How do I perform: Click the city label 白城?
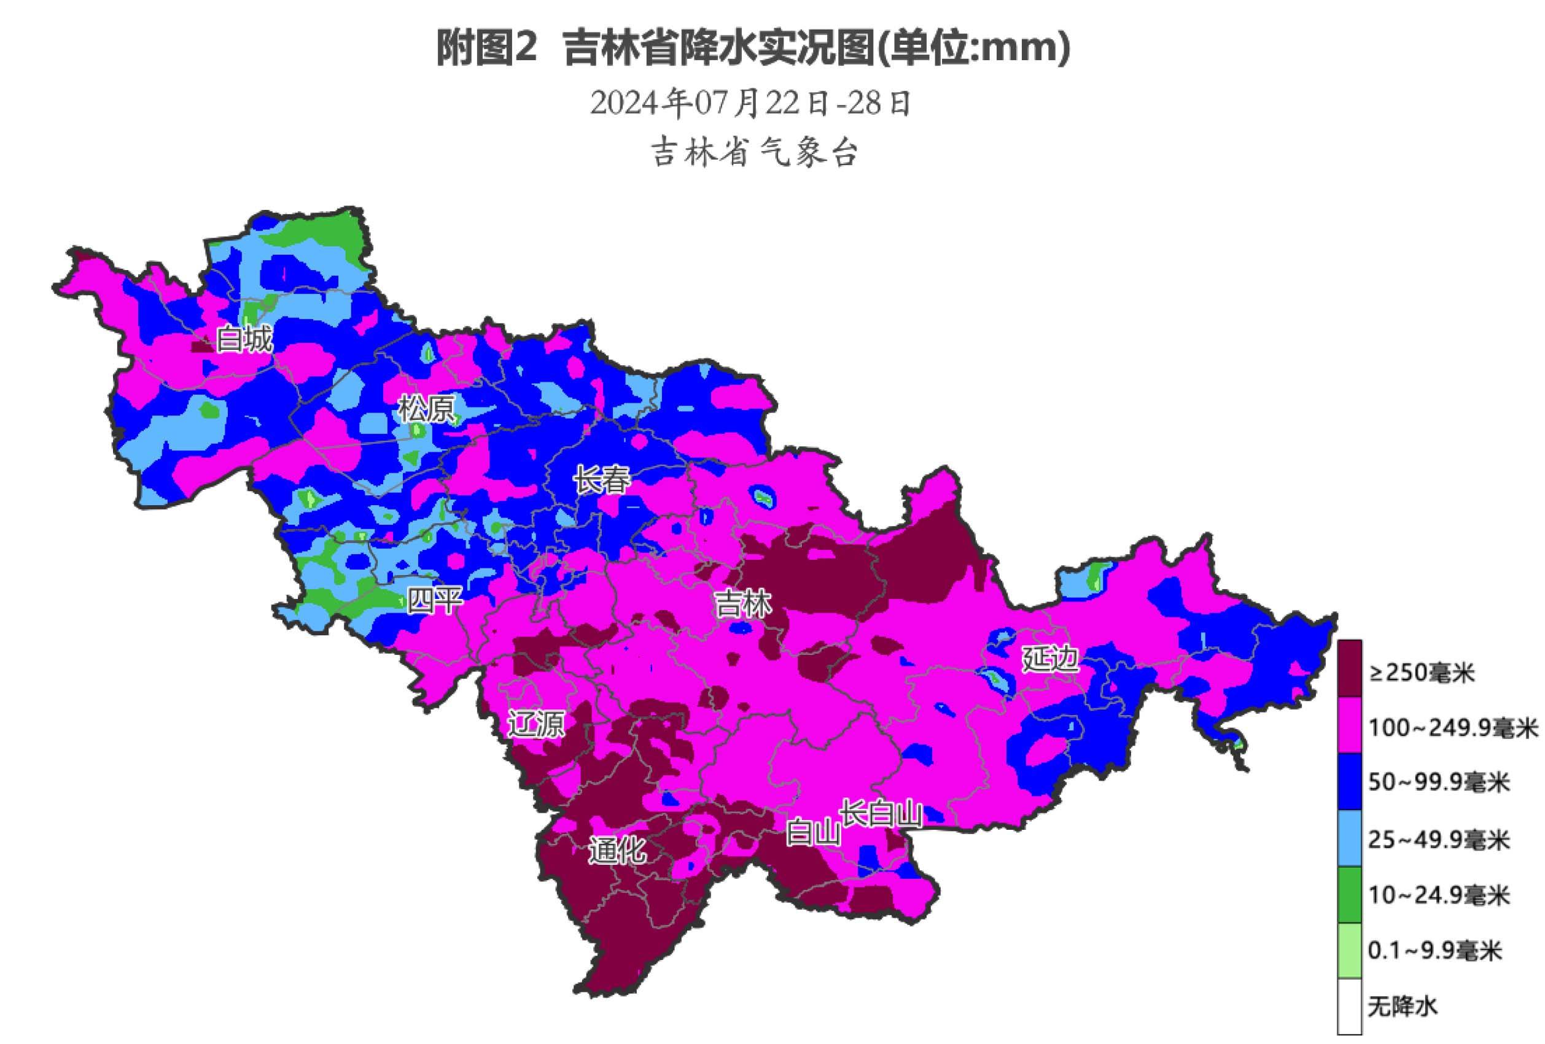coord(244,339)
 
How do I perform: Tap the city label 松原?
coord(426,409)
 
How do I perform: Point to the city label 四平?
coord(435,600)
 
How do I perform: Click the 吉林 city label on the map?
coord(742,604)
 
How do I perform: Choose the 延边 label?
coord(1049,659)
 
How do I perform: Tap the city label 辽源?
coord(536,724)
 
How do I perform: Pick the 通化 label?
coord(617,850)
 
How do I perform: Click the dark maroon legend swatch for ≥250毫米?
coord(1350,668)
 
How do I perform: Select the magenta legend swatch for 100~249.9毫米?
coord(1350,724)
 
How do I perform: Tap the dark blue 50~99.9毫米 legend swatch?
coord(1350,781)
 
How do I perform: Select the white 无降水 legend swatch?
coord(1350,1006)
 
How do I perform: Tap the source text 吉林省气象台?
coord(754,153)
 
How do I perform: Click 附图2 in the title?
coord(486,49)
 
